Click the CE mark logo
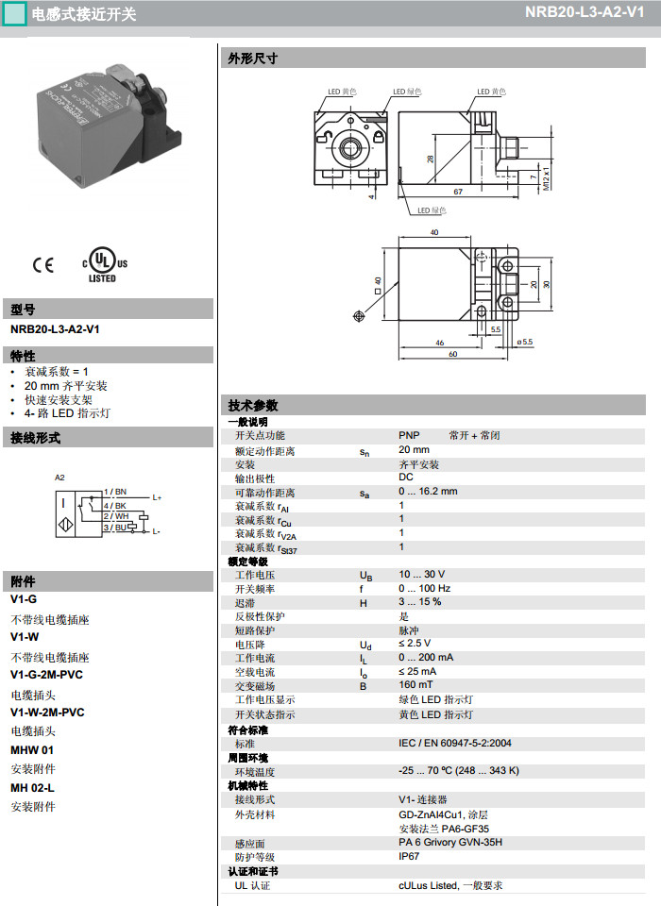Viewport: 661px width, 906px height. [x=43, y=265]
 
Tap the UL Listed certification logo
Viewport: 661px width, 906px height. [x=102, y=266]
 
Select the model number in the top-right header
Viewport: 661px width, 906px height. [x=590, y=13]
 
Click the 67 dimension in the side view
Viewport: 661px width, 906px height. [x=457, y=192]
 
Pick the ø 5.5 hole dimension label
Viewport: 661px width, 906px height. [x=524, y=342]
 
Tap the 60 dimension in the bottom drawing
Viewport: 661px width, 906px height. [x=452, y=354]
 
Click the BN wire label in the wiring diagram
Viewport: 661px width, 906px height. [x=121, y=492]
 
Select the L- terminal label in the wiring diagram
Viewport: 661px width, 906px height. [x=156, y=532]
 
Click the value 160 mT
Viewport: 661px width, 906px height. [x=415, y=685]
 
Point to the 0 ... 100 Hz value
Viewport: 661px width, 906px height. [x=424, y=588]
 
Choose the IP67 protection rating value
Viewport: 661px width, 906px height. [x=409, y=856]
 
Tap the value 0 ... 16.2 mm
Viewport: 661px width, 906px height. [x=428, y=491]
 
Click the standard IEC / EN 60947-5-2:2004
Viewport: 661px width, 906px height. [x=455, y=744]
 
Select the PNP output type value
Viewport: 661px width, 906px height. [x=409, y=435]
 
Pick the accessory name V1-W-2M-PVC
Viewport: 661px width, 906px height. [x=47, y=713]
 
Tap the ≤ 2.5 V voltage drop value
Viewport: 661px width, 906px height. [x=415, y=644]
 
